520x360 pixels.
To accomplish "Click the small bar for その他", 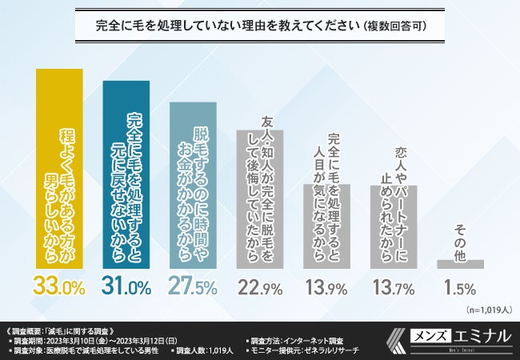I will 459,264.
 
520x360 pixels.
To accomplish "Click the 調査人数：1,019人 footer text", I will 205,350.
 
